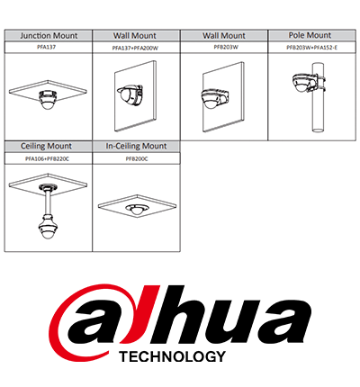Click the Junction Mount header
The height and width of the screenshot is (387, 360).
[49, 36]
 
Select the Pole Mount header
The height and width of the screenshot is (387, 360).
[310, 35]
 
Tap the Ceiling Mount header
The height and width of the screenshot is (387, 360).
[46, 146]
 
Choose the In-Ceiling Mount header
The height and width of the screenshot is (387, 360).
[136, 146]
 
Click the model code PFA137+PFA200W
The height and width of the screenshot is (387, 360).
[135, 48]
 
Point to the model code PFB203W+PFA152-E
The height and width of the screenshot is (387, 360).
[312, 48]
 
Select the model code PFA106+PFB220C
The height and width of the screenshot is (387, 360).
[47, 159]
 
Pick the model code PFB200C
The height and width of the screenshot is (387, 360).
[137, 159]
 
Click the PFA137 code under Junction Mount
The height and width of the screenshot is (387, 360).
[49, 47]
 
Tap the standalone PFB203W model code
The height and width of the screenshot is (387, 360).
[226, 47]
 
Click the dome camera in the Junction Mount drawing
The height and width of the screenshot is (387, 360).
[48, 99]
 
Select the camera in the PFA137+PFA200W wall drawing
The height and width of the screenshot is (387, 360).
[130, 94]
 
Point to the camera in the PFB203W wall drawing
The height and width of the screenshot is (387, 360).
[214, 98]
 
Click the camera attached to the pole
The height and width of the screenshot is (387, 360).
[306, 82]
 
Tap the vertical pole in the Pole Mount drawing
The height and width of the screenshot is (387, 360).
[318, 97]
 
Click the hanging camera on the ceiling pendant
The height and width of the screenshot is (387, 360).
[47, 226]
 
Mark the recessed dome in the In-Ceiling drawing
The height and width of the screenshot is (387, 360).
[137, 209]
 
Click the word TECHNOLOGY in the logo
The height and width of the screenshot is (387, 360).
[172, 356]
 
